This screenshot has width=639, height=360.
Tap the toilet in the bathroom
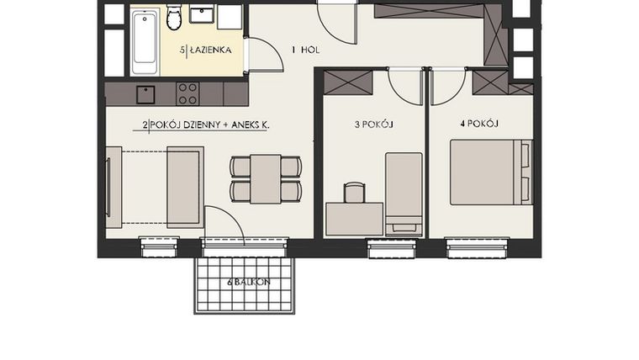point(175,17)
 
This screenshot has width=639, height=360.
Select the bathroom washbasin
point(202,14)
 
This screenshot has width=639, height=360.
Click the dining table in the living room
point(266,178)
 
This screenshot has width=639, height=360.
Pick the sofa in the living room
point(185,186)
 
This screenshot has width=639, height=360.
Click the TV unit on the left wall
point(112,186)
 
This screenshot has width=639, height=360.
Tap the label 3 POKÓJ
point(374,124)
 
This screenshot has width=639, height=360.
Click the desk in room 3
point(354,219)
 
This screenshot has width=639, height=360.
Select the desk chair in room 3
point(354,193)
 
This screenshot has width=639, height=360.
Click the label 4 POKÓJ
point(480,124)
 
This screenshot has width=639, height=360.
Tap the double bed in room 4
point(490,172)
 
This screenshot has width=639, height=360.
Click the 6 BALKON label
point(248,283)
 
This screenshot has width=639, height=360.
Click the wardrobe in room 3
point(347,82)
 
